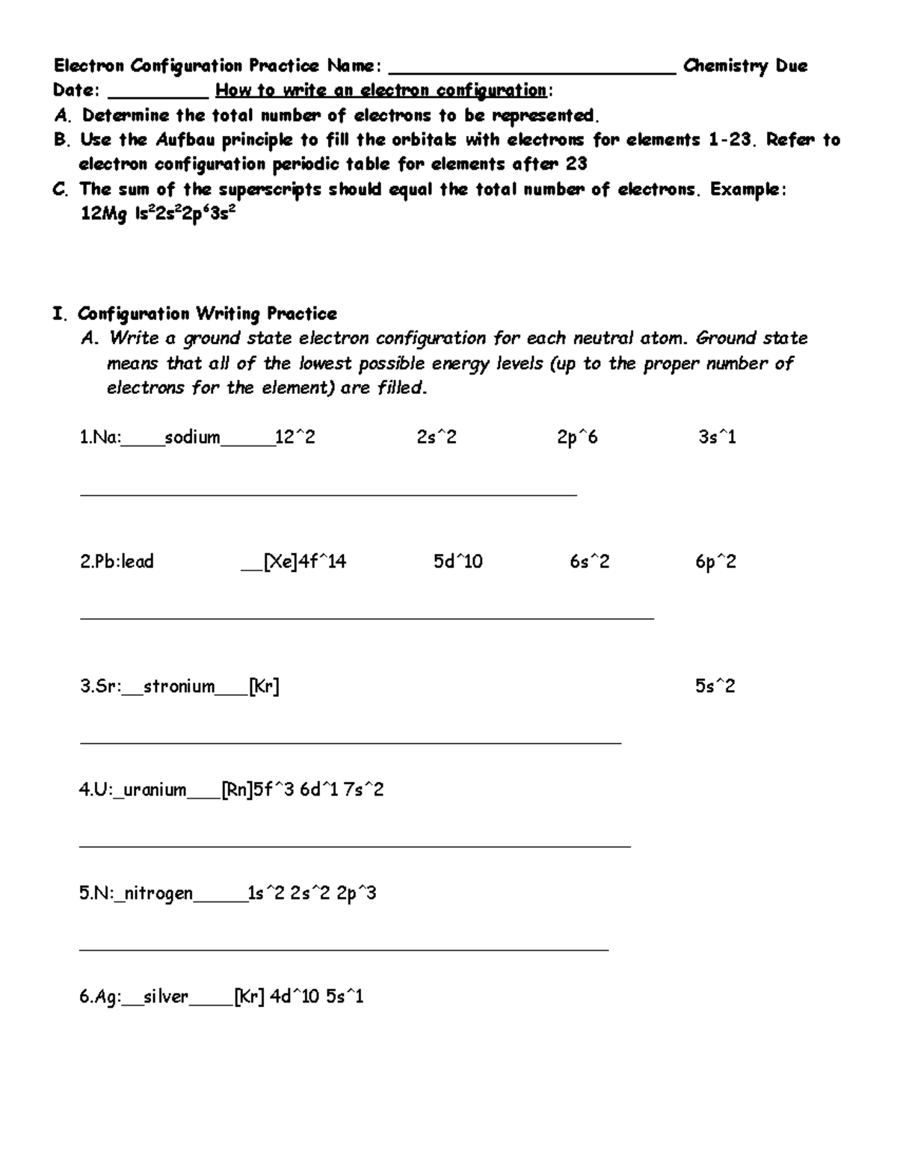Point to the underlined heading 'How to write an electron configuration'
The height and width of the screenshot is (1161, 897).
click(x=381, y=90)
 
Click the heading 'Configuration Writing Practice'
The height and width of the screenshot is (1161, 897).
click(x=207, y=313)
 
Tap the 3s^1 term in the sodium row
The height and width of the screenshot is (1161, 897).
click(x=717, y=437)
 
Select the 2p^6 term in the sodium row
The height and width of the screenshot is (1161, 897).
click(x=577, y=437)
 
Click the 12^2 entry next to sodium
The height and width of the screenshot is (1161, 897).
click(x=295, y=437)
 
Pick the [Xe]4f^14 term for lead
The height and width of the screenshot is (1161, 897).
click(x=304, y=561)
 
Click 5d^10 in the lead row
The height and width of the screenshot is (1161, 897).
click(x=457, y=561)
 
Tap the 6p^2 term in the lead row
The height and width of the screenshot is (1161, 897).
click(x=715, y=561)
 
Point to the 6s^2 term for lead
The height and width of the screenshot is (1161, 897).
click(x=589, y=561)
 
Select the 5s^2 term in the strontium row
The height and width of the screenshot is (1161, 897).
click(x=715, y=686)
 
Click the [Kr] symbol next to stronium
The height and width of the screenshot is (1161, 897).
click(x=264, y=686)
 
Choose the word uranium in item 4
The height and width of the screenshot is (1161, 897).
click(x=154, y=789)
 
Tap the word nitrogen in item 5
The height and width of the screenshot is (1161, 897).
click(x=158, y=893)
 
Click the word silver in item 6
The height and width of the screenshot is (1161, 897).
click(x=166, y=997)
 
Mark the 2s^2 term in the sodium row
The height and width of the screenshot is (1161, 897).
click(x=437, y=437)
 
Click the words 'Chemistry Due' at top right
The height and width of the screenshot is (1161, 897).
click(x=745, y=66)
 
